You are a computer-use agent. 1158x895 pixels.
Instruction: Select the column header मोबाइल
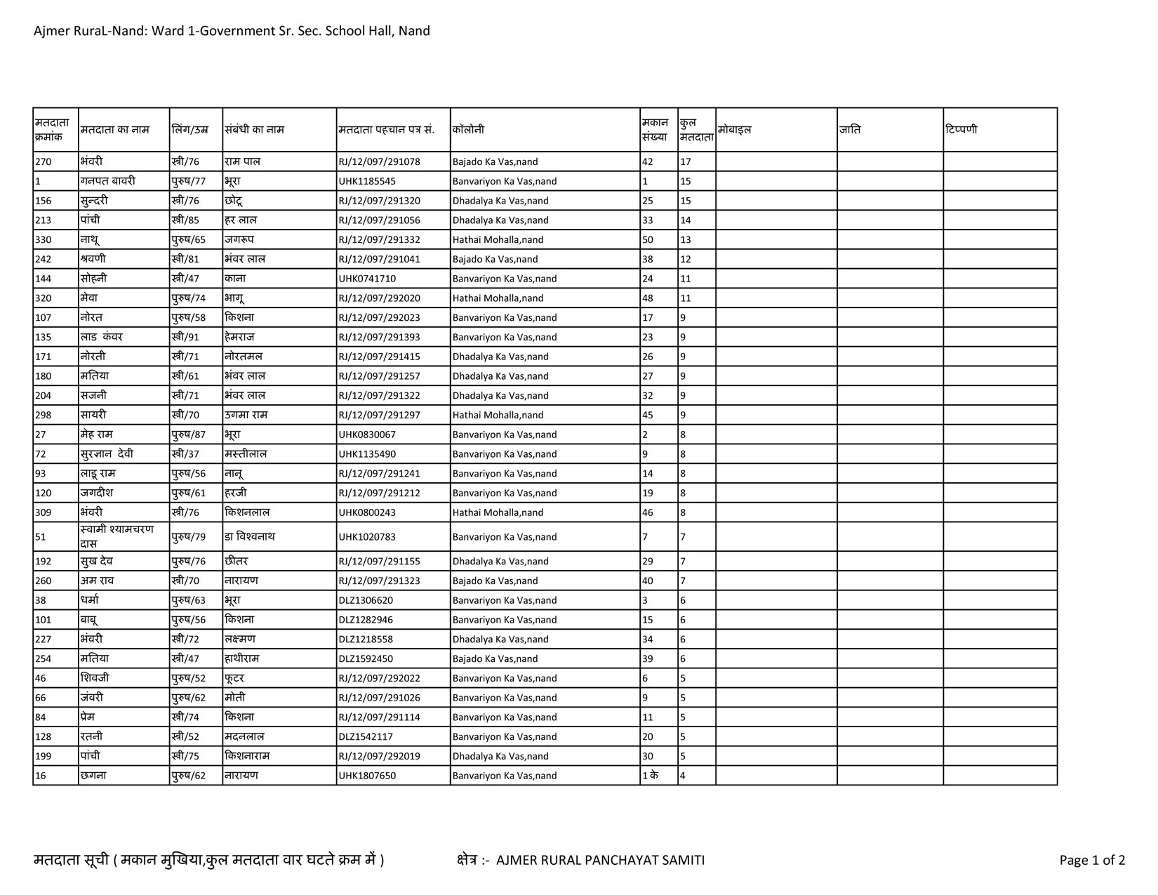[735, 130]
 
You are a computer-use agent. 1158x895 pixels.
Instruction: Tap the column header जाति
[850, 130]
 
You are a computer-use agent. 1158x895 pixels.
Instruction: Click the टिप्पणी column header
[961, 130]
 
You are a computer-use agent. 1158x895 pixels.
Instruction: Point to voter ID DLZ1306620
[366, 600]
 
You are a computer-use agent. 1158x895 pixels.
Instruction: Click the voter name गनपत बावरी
[108, 181]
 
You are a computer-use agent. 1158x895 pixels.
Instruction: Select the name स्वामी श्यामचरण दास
[117, 536]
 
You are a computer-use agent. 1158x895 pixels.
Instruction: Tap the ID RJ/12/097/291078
[379, 161]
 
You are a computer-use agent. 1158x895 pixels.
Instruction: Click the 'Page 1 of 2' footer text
[1092, 860]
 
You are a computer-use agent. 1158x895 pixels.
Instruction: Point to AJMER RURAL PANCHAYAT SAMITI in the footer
[600, 860]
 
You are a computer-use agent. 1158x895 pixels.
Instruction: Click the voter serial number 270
[44, 161]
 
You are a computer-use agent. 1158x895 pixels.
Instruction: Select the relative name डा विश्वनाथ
[250, 537]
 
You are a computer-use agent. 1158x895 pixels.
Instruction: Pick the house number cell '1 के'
[650, 776]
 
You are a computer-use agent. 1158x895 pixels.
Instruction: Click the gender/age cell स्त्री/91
[185, 337]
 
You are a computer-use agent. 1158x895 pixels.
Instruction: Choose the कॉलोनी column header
[468, 130]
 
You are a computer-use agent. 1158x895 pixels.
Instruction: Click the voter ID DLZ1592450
[366, 658]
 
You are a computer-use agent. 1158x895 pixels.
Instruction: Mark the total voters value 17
[686, 161]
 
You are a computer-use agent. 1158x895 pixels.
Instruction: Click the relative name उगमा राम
[246, 415]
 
